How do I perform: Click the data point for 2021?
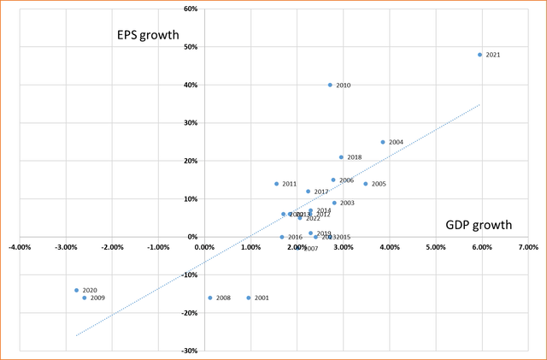480,55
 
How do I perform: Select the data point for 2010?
330,86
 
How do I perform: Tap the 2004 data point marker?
383,142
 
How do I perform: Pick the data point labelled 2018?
341,157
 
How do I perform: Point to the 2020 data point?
76,291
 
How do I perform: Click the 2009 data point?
85,298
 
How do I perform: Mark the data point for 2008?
210,298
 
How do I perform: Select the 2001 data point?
249,298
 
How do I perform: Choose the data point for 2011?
277,184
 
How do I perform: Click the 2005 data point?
366,184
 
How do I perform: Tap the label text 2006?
346,180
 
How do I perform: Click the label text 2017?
321,192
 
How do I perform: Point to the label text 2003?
347,203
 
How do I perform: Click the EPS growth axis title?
148,35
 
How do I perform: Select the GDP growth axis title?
479,225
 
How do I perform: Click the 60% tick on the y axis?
190,9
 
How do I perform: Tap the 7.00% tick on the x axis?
527,248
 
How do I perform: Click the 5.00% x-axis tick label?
435,248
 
